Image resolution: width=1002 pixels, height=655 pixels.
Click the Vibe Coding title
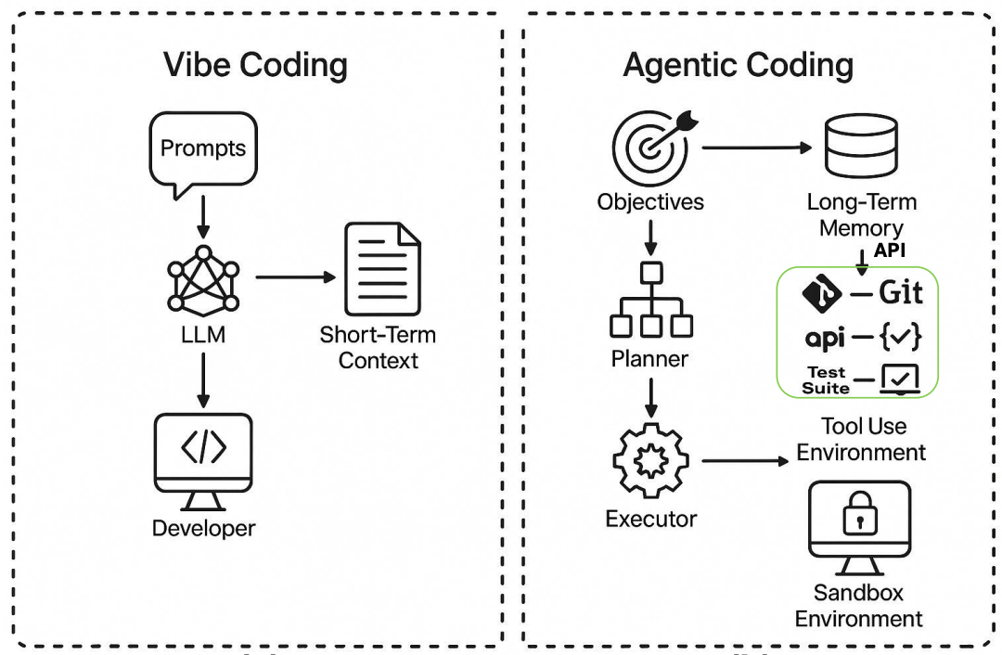pos(255,65)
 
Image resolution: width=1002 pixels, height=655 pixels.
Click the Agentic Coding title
pos(738,65)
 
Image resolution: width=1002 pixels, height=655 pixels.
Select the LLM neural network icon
pos(202,279)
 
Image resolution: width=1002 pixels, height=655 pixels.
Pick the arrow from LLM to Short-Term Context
pos(295,276)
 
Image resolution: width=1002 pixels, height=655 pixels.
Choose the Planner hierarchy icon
pos(650,301)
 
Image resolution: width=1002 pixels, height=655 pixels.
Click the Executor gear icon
pos(650,460)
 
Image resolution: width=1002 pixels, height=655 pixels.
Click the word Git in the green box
pos(901,293)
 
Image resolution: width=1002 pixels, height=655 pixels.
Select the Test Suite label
pos(826,380)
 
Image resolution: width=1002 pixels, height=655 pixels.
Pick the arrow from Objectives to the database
pos(753,148)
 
